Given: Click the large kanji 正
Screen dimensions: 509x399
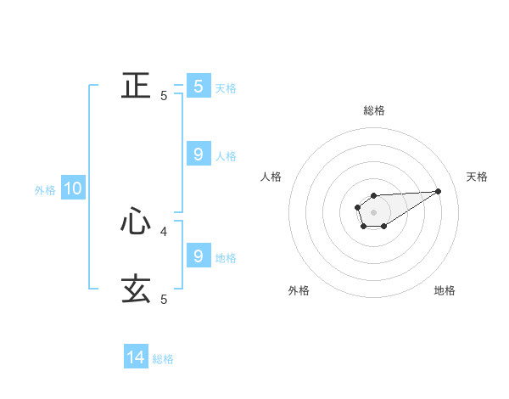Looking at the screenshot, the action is click(x=136, y=86).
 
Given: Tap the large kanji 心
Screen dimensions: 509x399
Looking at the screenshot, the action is click(x=136, y=222).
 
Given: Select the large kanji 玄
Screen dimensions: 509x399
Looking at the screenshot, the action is click(x=136, y=289).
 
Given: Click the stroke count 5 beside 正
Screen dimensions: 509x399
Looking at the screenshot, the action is click(x=164, y=96).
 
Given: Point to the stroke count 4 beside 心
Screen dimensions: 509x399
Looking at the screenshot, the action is click(x=164, y=231).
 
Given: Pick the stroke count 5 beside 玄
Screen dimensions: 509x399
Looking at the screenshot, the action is click(x=164, y=300).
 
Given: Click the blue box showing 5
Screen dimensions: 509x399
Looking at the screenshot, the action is click(x=199, y=86).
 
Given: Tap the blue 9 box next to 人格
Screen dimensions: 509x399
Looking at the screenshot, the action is click(x=199, y=154).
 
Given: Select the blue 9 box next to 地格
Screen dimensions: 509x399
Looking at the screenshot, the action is click(x=199, y=256).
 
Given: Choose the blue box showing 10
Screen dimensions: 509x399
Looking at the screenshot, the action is click(x=73, y=188).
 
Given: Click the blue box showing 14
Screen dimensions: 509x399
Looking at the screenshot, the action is click(x=136, y=357).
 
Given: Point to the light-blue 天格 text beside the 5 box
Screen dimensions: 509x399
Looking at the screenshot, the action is click(x=226, y=87).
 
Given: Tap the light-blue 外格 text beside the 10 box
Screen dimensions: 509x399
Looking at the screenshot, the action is click(x=45, y=190).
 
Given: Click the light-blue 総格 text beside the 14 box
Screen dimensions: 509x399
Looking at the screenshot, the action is click(x=163, y=359).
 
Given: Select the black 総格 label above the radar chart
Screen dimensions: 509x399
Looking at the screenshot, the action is click(x=374, y=111).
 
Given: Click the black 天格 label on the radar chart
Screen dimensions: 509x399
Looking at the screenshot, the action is click(x=478, y=177).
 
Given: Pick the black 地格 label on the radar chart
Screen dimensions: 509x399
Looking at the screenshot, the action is click(x=445, y=291).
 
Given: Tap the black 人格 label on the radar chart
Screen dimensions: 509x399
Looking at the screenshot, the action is click(x=271, y=177).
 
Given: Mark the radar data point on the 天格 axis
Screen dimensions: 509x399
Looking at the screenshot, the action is click(x=439, y=190).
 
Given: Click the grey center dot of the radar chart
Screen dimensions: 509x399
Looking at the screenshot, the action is click(x=373, y=211).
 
